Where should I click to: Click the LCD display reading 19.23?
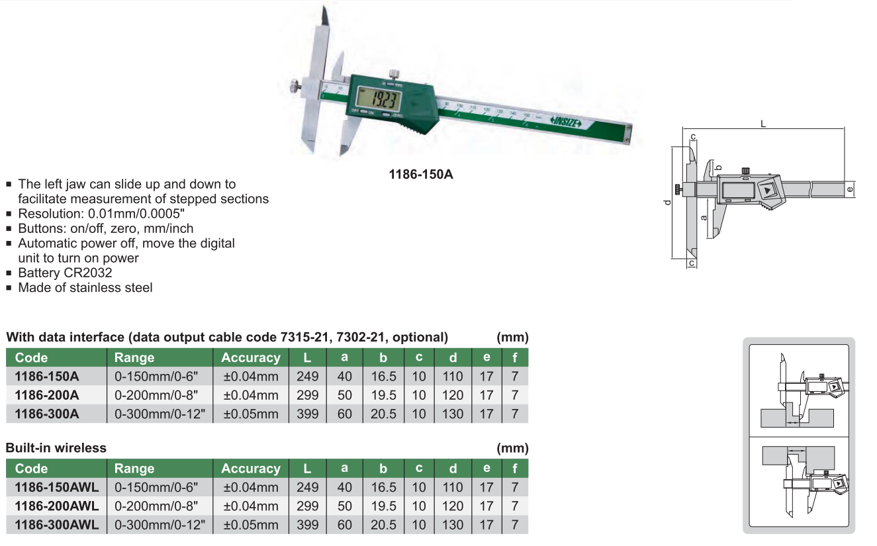[x=378, y=99]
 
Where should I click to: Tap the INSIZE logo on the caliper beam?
[x=566, y=122]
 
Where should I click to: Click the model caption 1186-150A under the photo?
[x=421, y=174]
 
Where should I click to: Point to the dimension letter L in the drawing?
[x=763, y=124]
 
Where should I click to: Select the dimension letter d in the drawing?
[x=668, y=203]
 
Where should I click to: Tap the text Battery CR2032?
[x=65, y=273]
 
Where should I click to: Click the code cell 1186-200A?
[x=47, y=395]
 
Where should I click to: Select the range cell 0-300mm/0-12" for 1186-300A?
[x=160, y=414]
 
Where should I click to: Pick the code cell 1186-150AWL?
[x=57, y=487]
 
